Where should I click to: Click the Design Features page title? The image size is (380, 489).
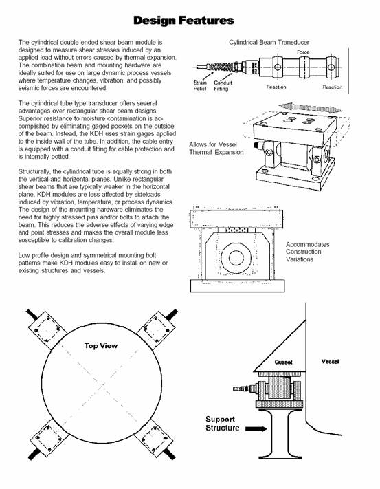[183, 21]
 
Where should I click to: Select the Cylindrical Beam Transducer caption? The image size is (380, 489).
[269, 42]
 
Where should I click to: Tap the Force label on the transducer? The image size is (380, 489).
[303, 52]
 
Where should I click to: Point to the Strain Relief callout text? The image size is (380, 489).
[200, 85]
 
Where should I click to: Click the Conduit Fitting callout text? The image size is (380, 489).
[223, 85]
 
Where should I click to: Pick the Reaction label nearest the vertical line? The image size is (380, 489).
[333, 87]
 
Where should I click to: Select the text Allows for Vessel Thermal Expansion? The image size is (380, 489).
[216, 149]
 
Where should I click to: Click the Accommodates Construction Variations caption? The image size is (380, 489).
[307, 252]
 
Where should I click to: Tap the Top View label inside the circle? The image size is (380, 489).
[101, 345]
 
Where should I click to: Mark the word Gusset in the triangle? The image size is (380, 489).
[283, 362]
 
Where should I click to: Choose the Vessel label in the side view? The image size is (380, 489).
[330, 362]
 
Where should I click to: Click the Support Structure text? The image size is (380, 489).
[223, 424]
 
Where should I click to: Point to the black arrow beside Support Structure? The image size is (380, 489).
[256, 428]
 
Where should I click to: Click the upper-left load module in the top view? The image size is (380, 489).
[47, 329]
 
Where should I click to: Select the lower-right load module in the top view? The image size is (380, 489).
[153, 439]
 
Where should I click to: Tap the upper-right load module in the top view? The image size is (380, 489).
[155, 329]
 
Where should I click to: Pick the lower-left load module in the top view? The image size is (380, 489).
[49, 439]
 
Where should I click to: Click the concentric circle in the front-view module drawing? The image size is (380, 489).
[236, 258]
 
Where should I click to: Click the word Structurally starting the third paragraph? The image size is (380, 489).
[33, 171]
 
